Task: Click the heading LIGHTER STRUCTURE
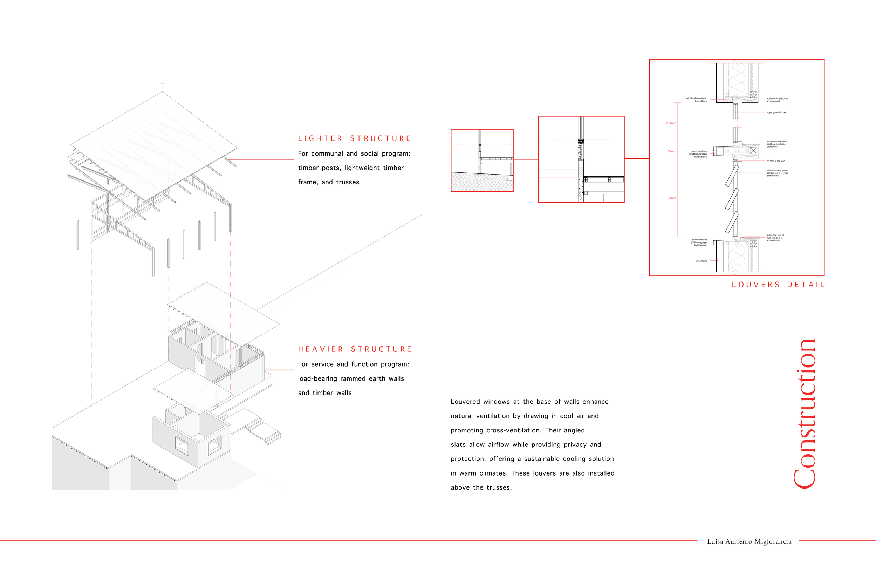(354, 138)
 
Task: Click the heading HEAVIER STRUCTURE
(355, 349)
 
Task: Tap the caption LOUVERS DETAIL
(778, 285)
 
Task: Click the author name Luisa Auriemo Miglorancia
(749, 541)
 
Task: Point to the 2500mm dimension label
(671, 123)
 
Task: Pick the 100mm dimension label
(671, 151)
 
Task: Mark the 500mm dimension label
(671, 198)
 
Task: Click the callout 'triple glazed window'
(776, 112)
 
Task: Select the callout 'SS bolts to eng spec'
(775, 161)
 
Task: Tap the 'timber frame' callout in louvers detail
(701, 261)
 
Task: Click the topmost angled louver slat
(732, 176)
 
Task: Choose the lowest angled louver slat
(732, 222)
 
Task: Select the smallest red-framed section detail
(482, 160)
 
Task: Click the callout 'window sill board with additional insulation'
(776, 144)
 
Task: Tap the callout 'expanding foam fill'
(775, 238)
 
